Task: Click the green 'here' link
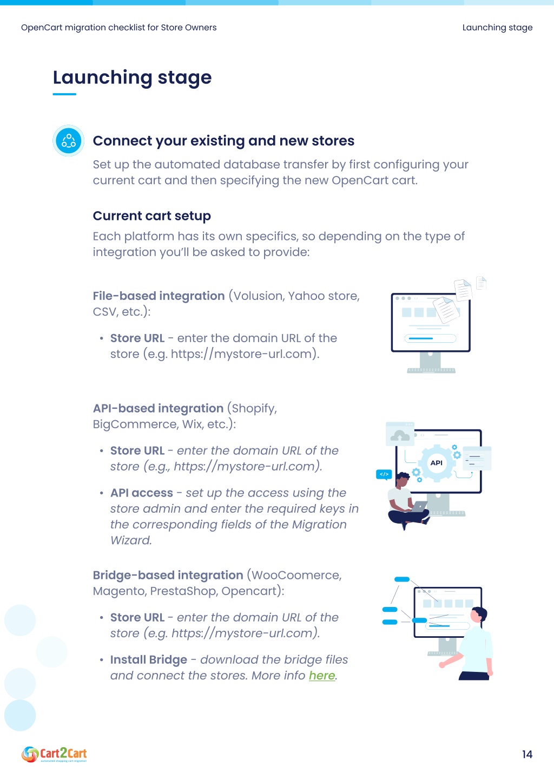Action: click(x=322, y=676)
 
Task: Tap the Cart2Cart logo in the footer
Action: click(x=54, y=754)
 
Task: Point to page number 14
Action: click(x=527, y=754)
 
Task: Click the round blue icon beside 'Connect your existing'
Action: click(x=69, y=140)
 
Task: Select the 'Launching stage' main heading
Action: click(x=132, y=77)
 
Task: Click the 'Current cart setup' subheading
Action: click(x=152, y=215)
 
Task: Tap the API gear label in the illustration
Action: click(x=436, y=463)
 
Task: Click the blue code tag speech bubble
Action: click(x=384, y=474)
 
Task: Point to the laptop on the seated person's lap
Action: click(x=419, y=506)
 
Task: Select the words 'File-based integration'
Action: click(x=159, y=296)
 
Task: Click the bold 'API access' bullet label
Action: click(x=142, y=493)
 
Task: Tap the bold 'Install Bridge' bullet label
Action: click(x=149, y=660)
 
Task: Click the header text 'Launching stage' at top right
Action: click(x=497, y=27)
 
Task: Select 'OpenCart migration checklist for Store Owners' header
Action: click(x=119, y=27)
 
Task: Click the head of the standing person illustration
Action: click(x=478, y=615)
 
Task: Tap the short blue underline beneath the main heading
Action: click(x=64, y=94)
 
